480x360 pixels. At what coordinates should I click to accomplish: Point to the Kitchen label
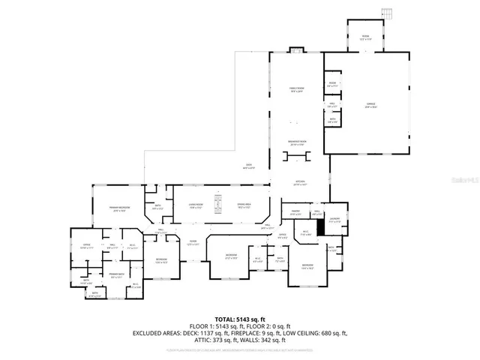(300, 183)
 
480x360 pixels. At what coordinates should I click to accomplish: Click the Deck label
(249, 166)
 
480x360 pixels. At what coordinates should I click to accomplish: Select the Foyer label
(193, 241)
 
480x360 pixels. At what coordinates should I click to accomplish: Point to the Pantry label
(295, 214)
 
